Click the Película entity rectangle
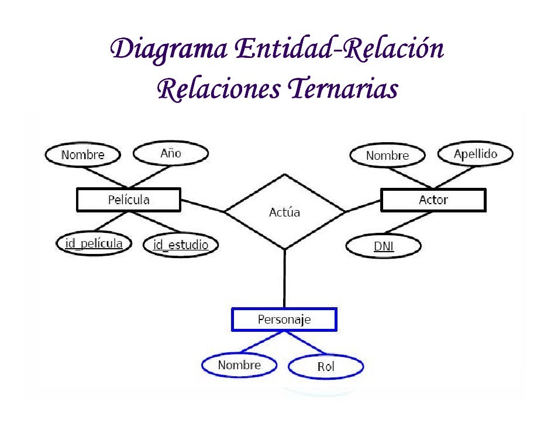(129, 200)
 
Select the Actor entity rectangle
(433, 200)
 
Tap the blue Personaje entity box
(284, 319)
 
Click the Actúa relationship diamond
(284, 212)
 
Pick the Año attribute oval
(171, 154)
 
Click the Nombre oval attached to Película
(82, 155)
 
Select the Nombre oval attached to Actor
(387, 156)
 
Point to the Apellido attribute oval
(476, 154)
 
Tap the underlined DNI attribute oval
(384, 246)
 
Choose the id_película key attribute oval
(94, 243)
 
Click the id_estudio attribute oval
(180, 245)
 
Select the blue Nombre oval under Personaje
(239, 365)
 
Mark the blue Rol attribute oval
(326, 367)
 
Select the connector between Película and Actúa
(202, 205)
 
